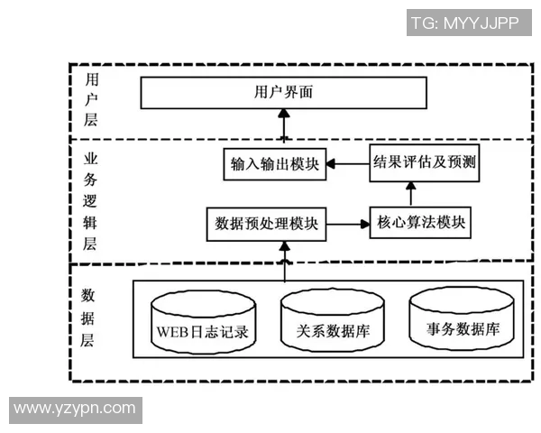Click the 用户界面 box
pyautogui.click(x=283, y=93)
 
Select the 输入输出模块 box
pyautogui.click(x=274, y=165)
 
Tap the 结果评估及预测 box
pyautogui.click(x=424, y=162)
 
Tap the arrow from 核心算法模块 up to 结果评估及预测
pyautogui.click(x=411, y=194)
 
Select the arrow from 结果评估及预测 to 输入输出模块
pyautogui.click(x=347, y=164)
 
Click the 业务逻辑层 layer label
pyautogui.click(x=90, y=199)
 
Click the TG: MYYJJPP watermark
pyautogui.click(x=464, y=23)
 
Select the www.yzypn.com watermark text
pyautogui.click(x=75, y=409)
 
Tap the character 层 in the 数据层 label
pyautogui.click(x=89, y=341)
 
